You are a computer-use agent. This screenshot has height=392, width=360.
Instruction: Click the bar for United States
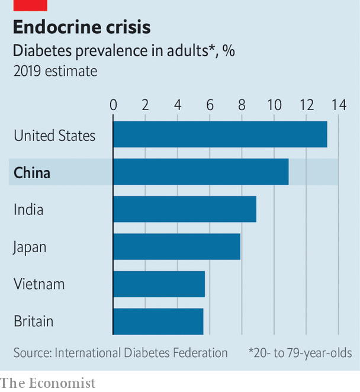[220, 134]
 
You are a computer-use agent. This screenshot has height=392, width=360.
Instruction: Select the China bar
[201, 172]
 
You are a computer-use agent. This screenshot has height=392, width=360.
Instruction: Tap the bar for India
[184, 209]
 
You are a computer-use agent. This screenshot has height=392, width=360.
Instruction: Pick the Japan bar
[176, 246]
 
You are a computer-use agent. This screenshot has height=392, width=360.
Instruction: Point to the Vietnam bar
[159, 284]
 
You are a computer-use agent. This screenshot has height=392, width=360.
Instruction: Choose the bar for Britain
[158, 321]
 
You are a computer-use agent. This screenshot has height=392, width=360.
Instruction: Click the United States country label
[54, 136]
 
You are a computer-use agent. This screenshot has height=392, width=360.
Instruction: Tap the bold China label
[32, 173]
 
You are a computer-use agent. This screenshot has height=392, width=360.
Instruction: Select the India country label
[28, 210]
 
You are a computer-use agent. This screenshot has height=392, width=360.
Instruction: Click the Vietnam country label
[39, 284]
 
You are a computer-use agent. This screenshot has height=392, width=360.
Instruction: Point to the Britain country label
[34, 322]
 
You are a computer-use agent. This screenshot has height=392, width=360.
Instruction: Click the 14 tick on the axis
[338, 105]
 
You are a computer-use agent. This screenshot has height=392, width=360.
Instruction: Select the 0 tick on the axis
[113, 105]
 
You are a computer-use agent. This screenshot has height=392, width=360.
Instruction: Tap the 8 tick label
[242, 105]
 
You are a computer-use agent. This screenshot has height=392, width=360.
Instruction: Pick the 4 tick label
[178, 105]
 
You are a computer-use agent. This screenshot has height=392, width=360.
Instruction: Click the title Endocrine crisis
[82, 27]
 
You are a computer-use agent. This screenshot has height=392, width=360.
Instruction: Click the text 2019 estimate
[56, 71]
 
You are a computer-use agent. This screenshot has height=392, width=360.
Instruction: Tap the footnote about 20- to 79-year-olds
[300, 353]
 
